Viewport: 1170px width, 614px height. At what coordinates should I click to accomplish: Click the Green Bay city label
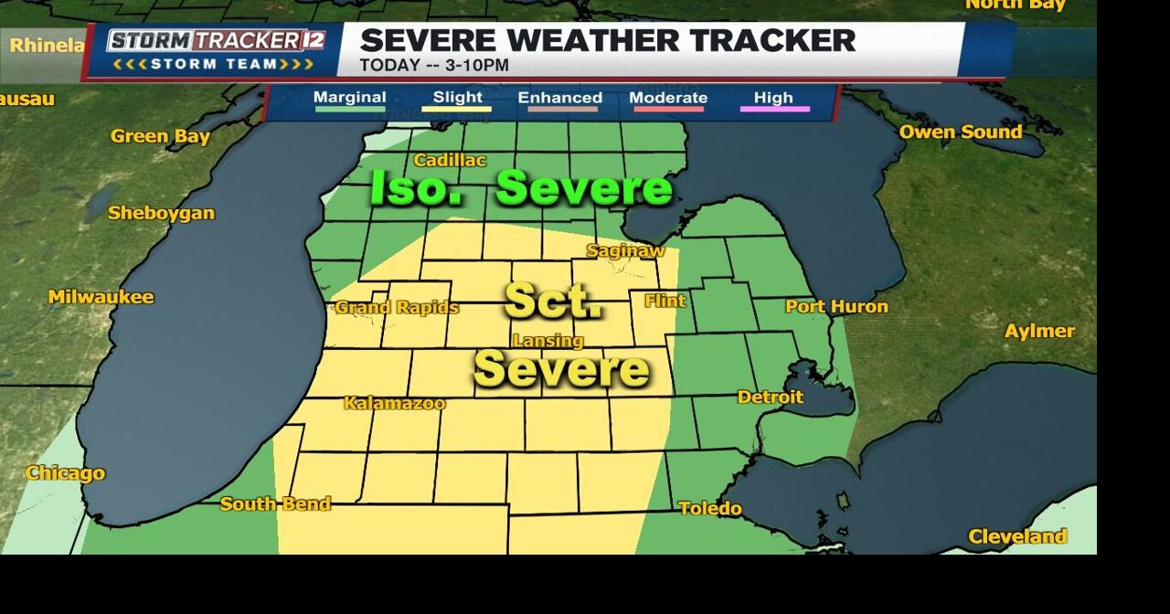pyautogui.click(x=160, y=136)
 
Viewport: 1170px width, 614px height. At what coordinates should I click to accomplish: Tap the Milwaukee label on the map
pyautogui.click(x=101, y=297)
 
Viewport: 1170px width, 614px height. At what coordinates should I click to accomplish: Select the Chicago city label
pyautogui.click(x=65, y=473)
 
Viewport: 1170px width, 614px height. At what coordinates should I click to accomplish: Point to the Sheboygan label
pyautogui.click(x=161, y=213)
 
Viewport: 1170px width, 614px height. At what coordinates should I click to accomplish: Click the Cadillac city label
pyautogui.click(x=450, y=160)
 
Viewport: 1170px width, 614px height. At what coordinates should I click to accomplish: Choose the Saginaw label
pyautogui.click(x=625, y=250)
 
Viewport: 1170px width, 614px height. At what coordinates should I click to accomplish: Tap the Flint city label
pyautogui.click(x=665, y=301)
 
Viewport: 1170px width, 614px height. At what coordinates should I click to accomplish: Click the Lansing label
pyautogui.click(x=548, y=341)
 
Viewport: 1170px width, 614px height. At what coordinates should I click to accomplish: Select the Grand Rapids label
pyautogui.click(x=397, y=307)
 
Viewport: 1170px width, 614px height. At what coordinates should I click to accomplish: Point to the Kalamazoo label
pyautogui.click(x=394, y=403)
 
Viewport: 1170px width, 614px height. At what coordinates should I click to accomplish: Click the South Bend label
pyautogui.click(x=275, y=503)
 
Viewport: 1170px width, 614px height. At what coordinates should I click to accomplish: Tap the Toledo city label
pyautogui.click(x=710, y=508)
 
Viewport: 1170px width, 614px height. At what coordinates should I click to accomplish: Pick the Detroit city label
pyautogui.click(x=770, y=397)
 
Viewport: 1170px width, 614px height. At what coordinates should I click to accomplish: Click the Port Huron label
pyautogui.click(x=836, y=306)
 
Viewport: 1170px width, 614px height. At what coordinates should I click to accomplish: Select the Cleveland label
pyautogui.click(x=1016, y=536)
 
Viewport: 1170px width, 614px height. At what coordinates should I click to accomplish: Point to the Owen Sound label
pyautogui.click(x=960, y=132)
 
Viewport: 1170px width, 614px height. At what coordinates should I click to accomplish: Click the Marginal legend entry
pyautogui.click(x=349, y=98)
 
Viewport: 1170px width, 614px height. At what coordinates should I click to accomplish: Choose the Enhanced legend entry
pyautogui.click(x=559, y=98)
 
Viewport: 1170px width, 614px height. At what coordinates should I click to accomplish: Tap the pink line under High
pyautogui.click(x=773, y=110)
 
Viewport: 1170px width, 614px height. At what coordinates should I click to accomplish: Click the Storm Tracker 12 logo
pyautogui.click(x=216, y=49)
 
